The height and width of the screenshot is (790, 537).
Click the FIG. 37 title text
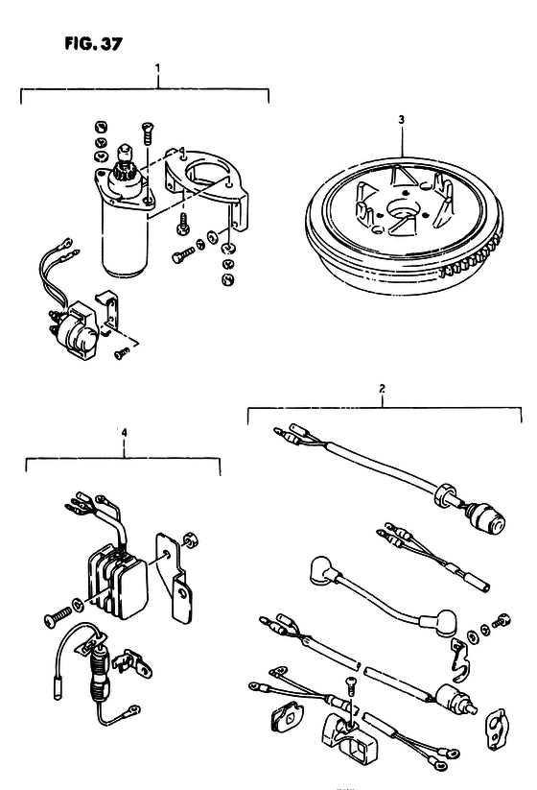(93, 44)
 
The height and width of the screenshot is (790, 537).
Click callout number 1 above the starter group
(157, 67)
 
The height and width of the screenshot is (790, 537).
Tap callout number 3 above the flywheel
(401, 120)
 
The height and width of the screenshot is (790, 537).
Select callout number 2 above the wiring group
(382, 389)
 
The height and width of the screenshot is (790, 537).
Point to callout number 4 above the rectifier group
(125, 432)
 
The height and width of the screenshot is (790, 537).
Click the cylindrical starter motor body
(125, 237)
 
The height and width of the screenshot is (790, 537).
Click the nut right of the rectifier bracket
(190, 539)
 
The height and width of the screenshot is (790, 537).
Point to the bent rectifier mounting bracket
(174, 574)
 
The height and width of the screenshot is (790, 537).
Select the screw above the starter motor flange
(147, 132)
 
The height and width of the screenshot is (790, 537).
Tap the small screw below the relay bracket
(121, 354)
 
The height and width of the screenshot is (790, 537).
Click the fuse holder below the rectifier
(99, 670)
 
